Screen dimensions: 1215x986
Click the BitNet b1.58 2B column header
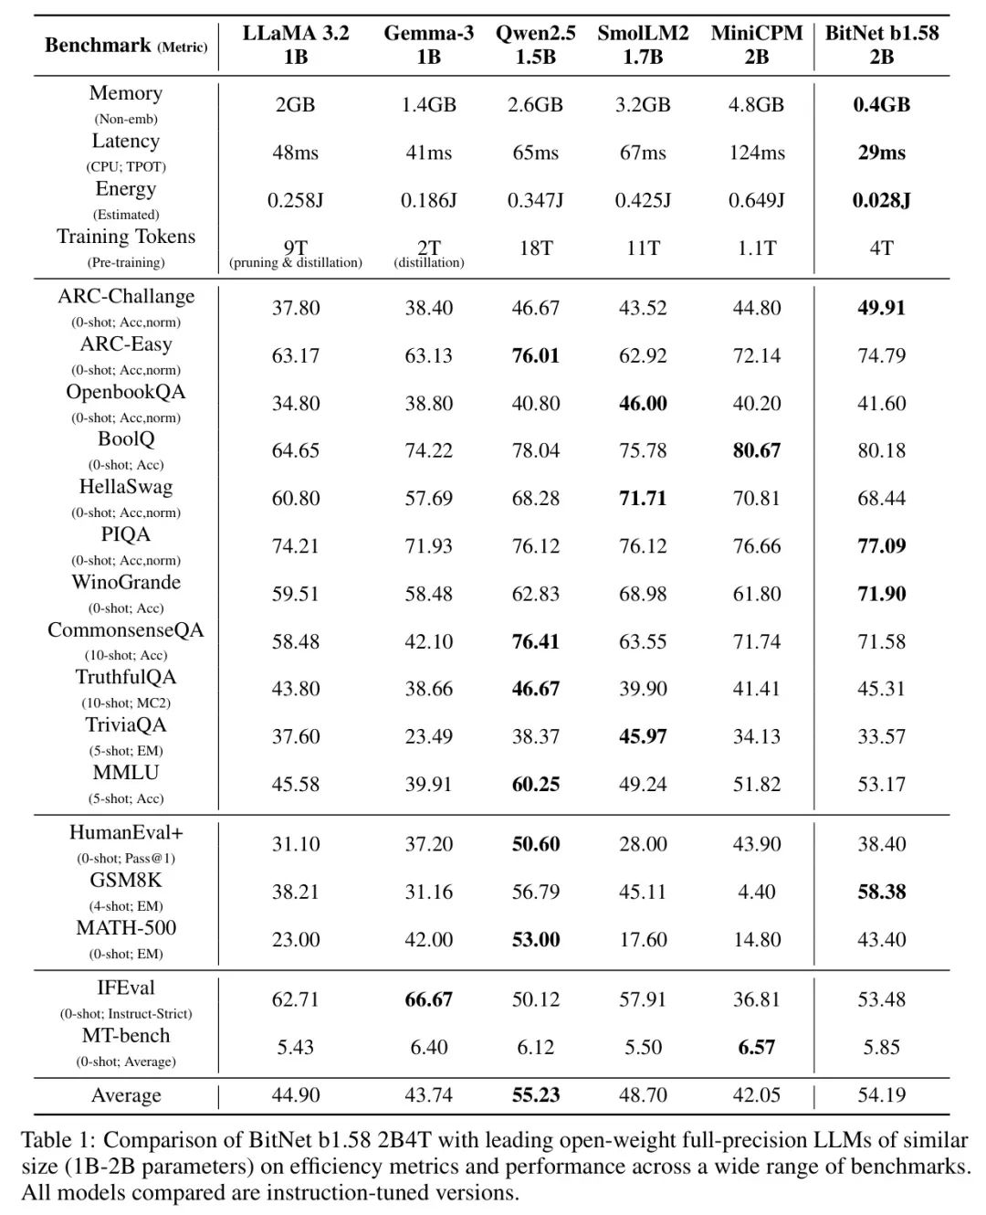point(881,45)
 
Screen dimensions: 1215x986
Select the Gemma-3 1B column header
point(428,45)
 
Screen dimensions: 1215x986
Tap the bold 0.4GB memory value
point(881,105)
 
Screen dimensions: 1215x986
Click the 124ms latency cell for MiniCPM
point(756,153)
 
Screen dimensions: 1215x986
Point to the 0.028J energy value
point(881,200)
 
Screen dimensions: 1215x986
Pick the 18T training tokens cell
point(535,248)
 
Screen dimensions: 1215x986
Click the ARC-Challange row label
point(126,297)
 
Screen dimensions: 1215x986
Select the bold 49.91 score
point(881,308)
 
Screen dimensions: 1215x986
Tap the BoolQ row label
point(126,439)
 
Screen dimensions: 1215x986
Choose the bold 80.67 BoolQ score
point(756,450)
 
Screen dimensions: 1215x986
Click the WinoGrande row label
point(126,583)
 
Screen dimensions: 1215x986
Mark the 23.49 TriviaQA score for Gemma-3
point(428,736)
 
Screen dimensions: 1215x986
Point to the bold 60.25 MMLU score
point(535,784)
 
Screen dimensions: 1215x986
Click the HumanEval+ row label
point(126,833)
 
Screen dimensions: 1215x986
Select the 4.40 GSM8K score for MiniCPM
point(756,892)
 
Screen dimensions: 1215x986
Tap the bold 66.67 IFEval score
point(428,999)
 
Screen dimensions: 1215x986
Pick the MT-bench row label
point(126,1036)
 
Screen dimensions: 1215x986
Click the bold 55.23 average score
point(535,1095)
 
